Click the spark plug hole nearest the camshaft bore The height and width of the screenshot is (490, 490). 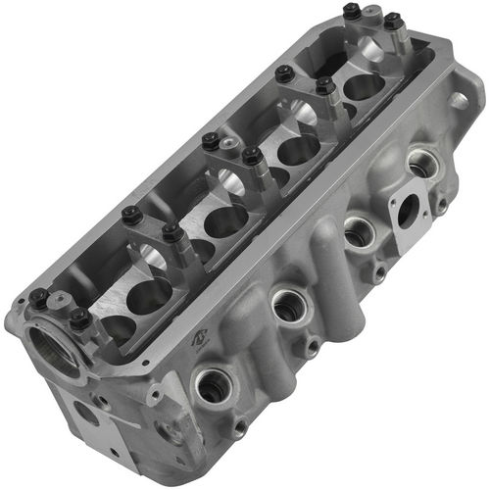(213, 385)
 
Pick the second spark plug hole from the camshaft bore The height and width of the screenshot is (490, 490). (288, 306)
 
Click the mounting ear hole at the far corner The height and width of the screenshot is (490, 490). (459, 101)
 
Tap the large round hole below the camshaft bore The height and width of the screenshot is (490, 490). (86, 413)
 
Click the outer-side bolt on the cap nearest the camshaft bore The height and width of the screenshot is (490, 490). (37, 296)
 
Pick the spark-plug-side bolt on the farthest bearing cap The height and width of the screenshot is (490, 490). (393, 21)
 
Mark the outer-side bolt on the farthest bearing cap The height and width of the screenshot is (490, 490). (351, 12)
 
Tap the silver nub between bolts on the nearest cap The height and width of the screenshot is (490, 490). (59, 310)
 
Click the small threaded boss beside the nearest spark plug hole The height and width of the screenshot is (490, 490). (240, 426)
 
